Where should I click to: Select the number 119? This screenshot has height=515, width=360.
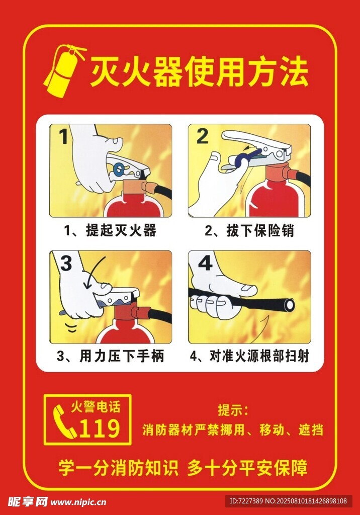100,428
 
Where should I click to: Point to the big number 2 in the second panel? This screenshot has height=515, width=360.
202,136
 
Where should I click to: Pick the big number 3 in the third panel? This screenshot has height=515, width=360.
66,263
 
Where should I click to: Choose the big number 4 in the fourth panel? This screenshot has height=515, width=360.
206,263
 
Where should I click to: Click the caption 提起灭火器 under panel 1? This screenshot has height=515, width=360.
121,230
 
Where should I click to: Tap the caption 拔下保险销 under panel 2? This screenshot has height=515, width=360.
260,230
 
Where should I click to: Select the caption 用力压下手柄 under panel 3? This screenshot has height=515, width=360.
122,356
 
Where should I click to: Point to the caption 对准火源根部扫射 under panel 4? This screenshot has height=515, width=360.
259,356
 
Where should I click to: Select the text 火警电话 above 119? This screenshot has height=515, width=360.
96,407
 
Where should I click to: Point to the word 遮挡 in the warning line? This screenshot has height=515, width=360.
311,430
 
